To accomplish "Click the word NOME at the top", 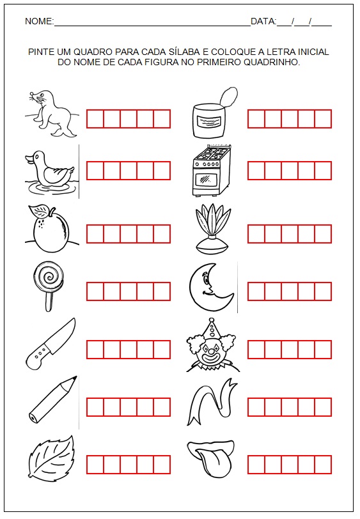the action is (38, 22).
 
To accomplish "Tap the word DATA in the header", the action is (263, 22).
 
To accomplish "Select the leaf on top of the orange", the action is (39, 210).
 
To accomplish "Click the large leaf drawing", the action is (51, 456).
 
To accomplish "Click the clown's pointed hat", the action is (209, 330).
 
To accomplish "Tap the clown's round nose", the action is (210, 351).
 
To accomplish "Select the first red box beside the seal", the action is (95, 119).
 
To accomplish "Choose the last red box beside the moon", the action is (323, 291).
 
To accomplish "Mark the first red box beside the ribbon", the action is (256, 407).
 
